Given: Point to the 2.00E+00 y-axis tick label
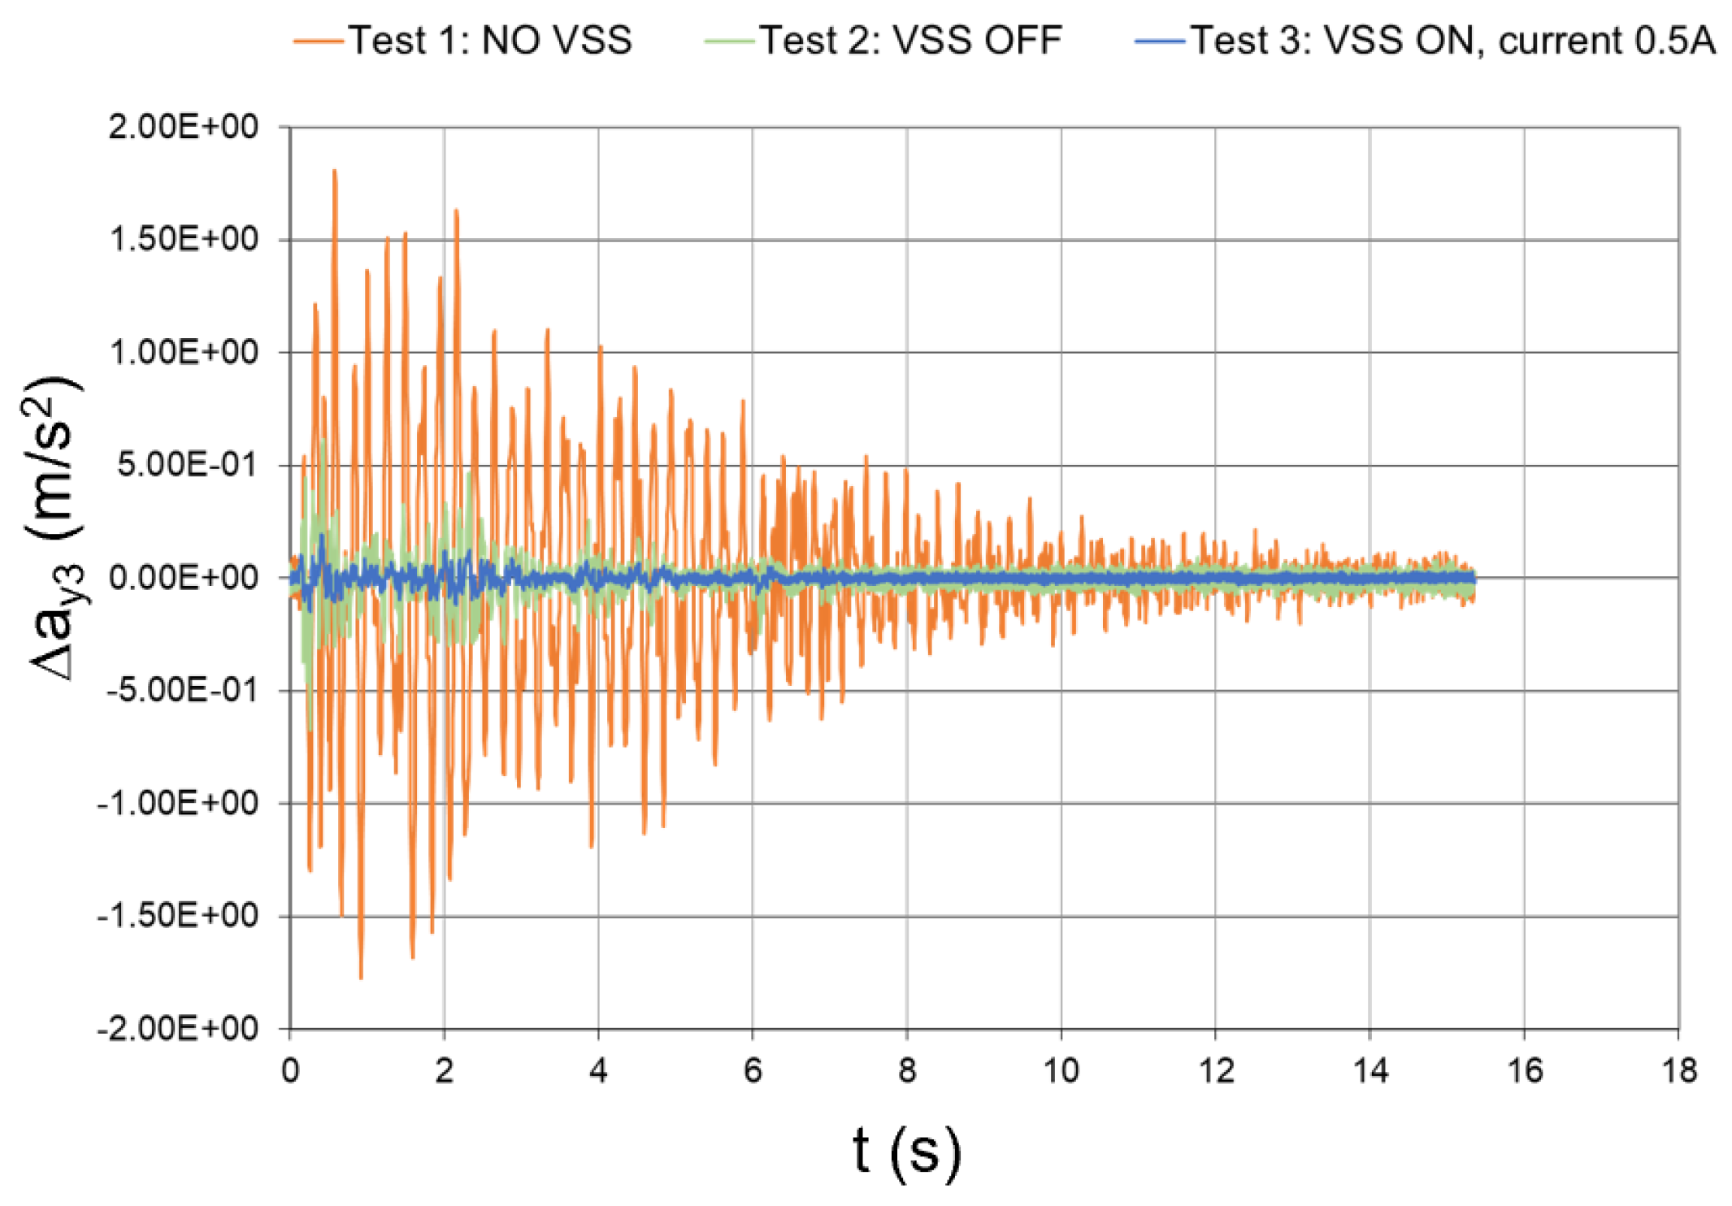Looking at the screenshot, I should [x=183, y=127].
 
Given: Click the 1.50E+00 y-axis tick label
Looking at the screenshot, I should [x=183, y=240].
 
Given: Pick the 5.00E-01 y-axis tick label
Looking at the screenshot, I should [x=186, y=465].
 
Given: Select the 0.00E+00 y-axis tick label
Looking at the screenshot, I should [x=183, y=578].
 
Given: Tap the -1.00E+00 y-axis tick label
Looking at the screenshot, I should [x=178, y=803].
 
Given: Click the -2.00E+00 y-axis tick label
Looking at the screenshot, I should [x=178, y=1029].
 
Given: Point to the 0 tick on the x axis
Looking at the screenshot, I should [x=290, y=1071].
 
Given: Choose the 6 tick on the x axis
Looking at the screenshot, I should [x=753, y=1071].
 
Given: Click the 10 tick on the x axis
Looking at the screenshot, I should [x=1061, y=1071].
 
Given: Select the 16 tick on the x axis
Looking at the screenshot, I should [x=1524, y=1071].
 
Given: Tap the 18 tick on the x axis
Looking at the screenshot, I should [x=1678, y=1071].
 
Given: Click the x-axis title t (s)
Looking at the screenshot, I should [x=906, y=1152].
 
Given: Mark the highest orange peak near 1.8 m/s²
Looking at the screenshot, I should [x=334, y=171].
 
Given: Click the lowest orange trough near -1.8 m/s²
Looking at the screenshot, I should [x=361, y=978].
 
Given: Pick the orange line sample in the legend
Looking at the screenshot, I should [x=319, y=41].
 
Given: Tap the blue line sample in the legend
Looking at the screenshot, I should [x=1161, y=41].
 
